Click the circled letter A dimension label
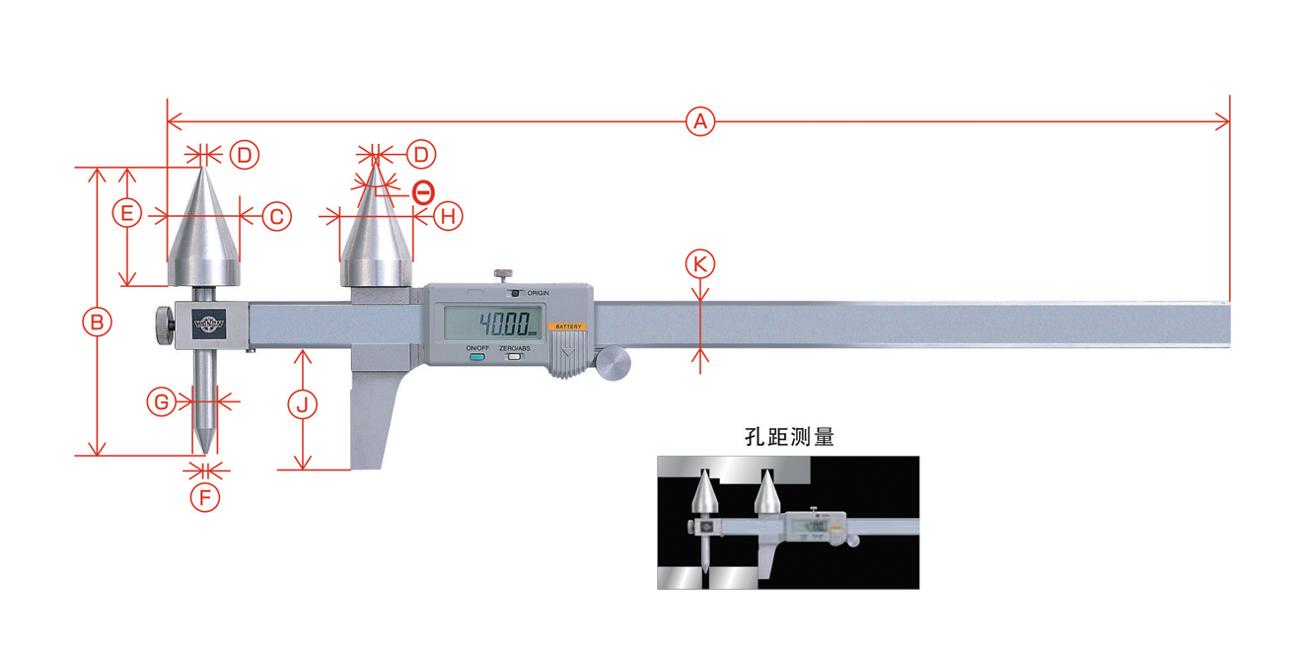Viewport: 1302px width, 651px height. [699, 122]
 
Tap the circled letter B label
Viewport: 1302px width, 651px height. [97, 322]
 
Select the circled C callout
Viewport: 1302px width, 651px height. [276, 215]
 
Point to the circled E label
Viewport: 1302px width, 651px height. [126, 213]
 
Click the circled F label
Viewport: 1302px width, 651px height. [205, 496]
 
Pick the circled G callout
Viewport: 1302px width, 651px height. [162, 401]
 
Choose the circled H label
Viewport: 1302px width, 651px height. [448, 215]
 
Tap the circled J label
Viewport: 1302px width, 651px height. [304, 402]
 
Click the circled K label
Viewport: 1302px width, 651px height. [700, 263]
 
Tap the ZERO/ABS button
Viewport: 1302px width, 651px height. [514, 356]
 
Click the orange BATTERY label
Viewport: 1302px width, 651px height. [568, 326]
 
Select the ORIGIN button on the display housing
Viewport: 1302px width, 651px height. [514, 293]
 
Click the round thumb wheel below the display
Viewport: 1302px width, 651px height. [613, 363]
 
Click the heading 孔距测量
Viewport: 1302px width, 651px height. [789, 435]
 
